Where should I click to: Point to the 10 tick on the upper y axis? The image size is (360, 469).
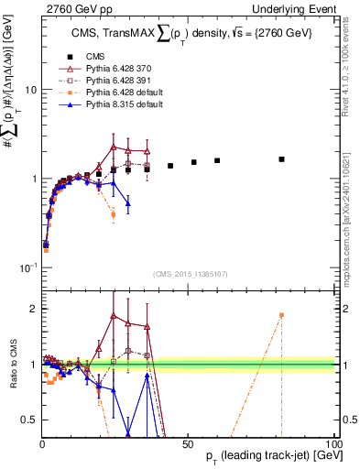(29, 90)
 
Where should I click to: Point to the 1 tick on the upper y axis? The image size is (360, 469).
(33, 179)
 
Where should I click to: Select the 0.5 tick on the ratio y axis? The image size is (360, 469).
(29, 420)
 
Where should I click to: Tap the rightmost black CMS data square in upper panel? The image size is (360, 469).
(282, 159)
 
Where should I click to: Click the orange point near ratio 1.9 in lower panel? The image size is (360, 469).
(282, 315)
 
